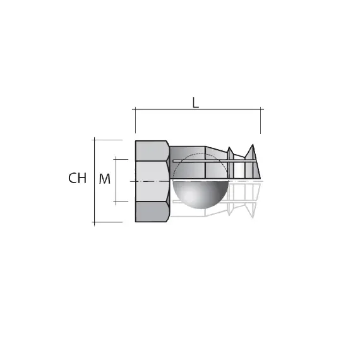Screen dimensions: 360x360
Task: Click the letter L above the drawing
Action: (196, 103)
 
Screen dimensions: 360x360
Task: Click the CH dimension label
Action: (77, 179)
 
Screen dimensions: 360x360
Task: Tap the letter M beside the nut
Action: (105, 179)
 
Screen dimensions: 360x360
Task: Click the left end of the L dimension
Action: (135, 110)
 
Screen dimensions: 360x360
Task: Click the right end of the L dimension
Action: (261, 110)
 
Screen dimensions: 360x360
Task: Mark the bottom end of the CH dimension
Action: (94, 222)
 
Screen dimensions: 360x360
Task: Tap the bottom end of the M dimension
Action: (116, 202)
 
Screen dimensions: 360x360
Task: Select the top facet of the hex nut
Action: (152, 150)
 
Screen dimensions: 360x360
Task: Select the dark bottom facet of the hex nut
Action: (152, 212)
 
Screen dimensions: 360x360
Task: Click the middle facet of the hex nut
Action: (152, 181)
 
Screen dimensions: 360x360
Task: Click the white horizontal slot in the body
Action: (215, 162)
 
